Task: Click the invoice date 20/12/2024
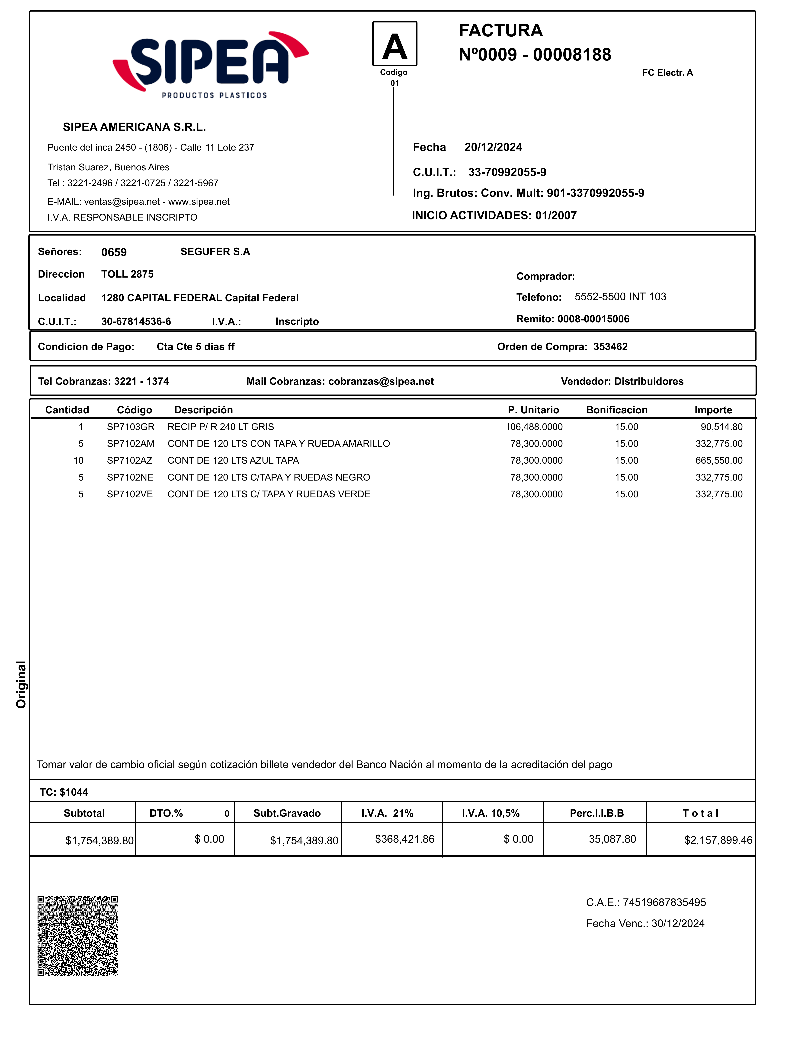coord(493,147)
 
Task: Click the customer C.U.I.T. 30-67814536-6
coord(136,322)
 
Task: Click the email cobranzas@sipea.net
coord(381,381)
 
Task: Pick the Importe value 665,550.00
coord(719,460)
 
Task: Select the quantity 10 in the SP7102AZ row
coord(78,460)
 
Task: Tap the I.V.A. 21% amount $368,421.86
coord(404,839)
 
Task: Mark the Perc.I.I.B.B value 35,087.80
coord(612,839)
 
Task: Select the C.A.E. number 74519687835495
coord(664,902)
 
